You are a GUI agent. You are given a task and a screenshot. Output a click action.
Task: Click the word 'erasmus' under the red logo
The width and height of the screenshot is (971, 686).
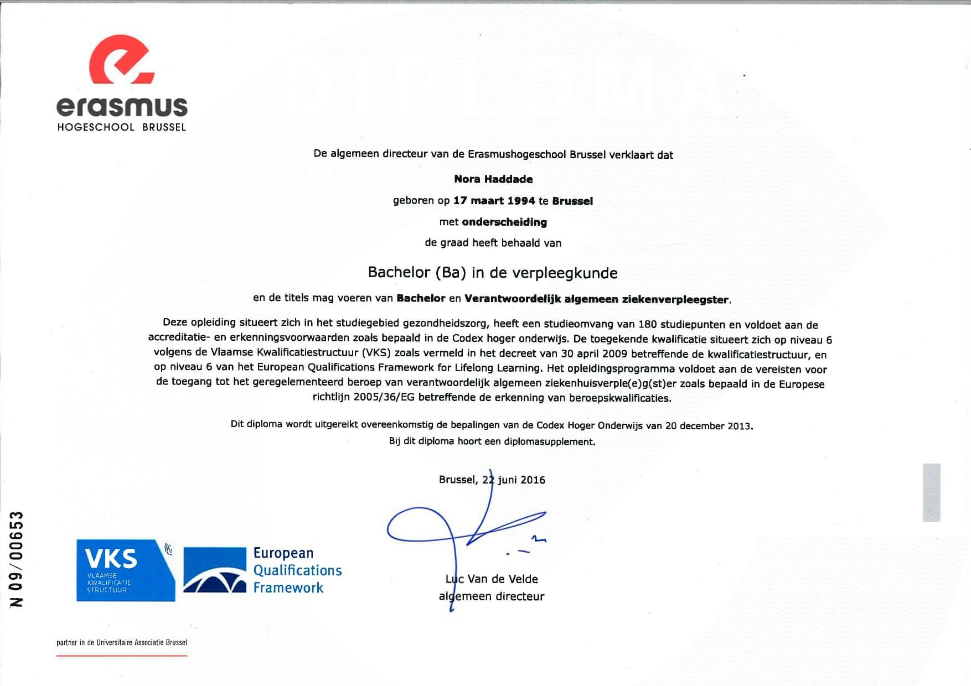pos(122,106)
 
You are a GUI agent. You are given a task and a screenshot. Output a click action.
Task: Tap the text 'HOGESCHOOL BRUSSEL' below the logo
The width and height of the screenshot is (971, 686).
pos(122,127)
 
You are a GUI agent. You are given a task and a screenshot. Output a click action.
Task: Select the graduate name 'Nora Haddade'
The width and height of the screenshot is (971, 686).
pos(493,179)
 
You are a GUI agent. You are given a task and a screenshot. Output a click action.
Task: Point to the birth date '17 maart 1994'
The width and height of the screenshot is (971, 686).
pos(494,201)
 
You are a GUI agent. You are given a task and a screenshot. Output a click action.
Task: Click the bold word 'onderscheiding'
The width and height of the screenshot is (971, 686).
pos(504,222)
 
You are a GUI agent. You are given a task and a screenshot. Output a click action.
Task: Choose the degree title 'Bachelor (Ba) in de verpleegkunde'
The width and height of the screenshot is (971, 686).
pos(493,273)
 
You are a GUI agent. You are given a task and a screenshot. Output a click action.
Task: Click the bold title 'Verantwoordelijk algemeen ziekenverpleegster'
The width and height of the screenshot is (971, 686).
pos(596,299)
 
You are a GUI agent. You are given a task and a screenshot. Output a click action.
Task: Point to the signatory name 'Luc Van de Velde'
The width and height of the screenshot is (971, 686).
pos(492,579)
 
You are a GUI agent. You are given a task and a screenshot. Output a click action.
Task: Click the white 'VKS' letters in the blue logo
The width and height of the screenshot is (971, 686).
pos(111,559)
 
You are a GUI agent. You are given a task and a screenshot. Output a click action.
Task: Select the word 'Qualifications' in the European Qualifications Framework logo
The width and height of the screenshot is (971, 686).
pos(297,570)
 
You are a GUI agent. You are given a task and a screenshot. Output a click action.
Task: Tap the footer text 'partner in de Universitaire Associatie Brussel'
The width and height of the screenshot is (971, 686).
pos(122,642)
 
